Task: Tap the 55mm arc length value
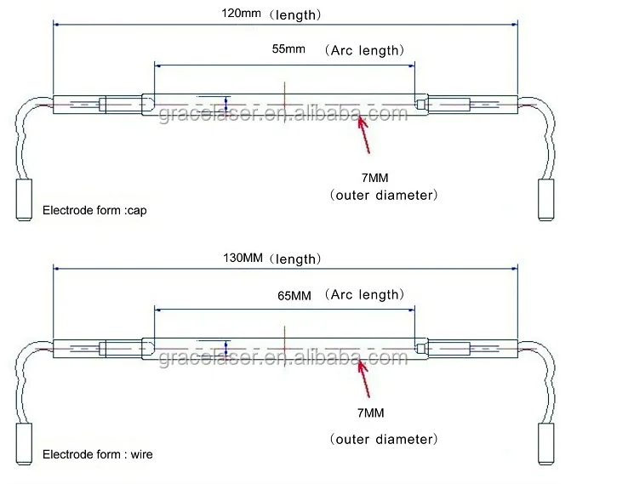[x=288, y=49]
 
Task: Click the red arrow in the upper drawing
[x=365, y=134]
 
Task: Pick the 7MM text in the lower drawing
[x=372, y=413]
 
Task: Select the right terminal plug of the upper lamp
[x=545, y=199]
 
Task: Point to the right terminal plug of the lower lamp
[x=545, y=441]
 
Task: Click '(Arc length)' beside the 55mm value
[x=363, y=50]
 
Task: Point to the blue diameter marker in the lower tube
[x=227, y=349]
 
